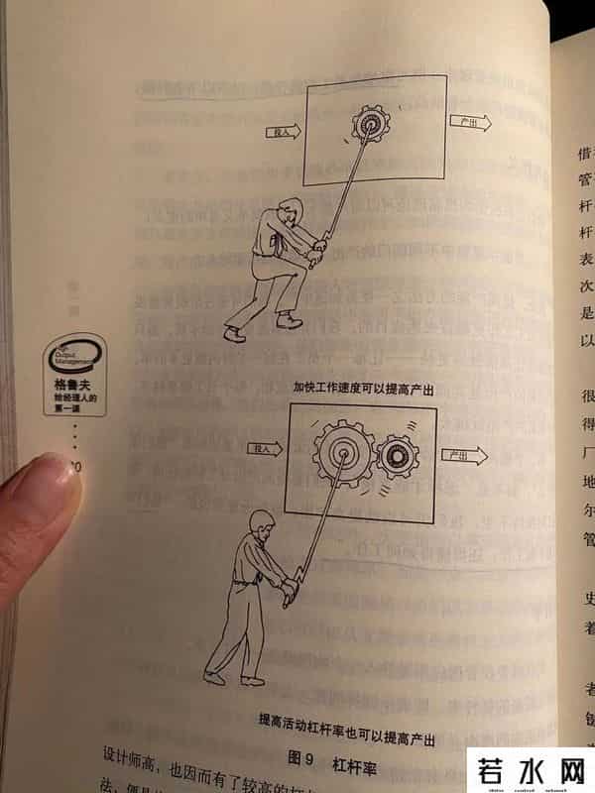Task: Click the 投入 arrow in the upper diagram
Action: [x=282, y=131]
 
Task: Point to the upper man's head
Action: [x=289, y=212]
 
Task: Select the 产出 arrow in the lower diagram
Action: [x=461, y=455]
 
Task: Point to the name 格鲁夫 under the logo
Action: [x=72, y=386]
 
